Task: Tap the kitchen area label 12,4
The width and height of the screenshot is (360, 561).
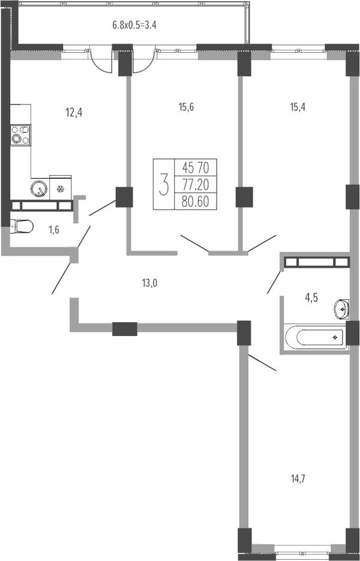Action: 74,113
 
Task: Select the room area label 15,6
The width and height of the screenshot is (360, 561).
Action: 186,107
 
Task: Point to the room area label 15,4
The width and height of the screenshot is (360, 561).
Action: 298,107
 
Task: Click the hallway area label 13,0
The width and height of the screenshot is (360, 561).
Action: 149,283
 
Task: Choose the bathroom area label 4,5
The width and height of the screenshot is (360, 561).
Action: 311,298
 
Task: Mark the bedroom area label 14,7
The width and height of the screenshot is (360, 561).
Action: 299,478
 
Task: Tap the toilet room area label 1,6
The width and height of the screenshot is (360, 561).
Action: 55,230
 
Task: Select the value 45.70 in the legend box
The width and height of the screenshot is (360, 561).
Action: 195,167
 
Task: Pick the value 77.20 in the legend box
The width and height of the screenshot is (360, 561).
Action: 195,185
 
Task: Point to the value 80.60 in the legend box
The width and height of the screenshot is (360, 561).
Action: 195,202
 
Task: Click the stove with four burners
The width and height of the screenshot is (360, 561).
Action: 20,135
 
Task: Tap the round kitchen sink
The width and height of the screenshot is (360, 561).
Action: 39,189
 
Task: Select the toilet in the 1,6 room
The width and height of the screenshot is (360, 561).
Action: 22,226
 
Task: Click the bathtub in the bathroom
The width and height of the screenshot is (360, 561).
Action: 315,337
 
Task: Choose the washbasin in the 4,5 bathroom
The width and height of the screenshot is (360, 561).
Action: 342,308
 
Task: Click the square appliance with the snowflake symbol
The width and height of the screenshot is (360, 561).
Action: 60,187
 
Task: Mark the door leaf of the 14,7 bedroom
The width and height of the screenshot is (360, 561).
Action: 262,362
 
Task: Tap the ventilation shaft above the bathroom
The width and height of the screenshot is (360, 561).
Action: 316,262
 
